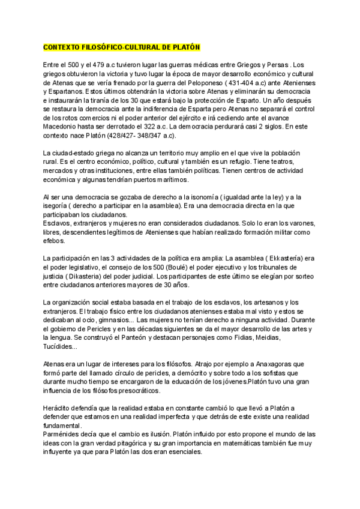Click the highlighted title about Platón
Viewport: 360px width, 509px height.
pos(122,47)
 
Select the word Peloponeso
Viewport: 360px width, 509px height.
pos(214,82)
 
